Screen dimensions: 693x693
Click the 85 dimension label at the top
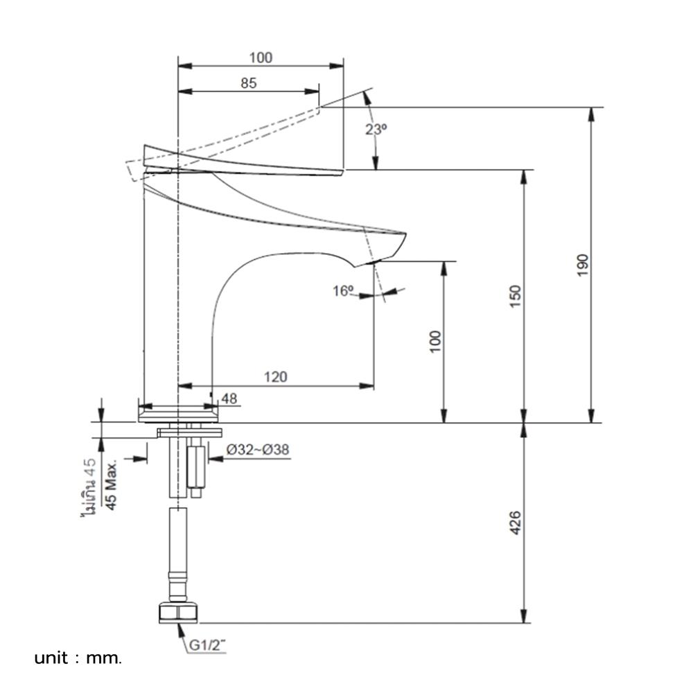click(x=249, y=83)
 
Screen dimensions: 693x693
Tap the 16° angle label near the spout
click(x=343, y=291)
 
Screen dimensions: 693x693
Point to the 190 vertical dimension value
click(x=581, y=265)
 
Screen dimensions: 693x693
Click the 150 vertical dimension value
click(x=515, y=297)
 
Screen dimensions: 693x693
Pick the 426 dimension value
click(x=515, y=524)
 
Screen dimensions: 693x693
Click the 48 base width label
click(x=229, y=398)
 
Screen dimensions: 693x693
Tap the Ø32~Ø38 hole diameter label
click(x=258, y=449)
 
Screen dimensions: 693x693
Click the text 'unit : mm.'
click(x=78, y=658)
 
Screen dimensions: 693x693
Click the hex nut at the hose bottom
click(x=179, y=613)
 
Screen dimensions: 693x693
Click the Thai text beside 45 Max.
click(x=87, y=489)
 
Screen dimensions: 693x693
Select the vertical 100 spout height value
click(x=435, y=342)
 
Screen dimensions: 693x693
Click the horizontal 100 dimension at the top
click(x=261, y=58)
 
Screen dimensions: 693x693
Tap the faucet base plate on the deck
click(x=179, y=414)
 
